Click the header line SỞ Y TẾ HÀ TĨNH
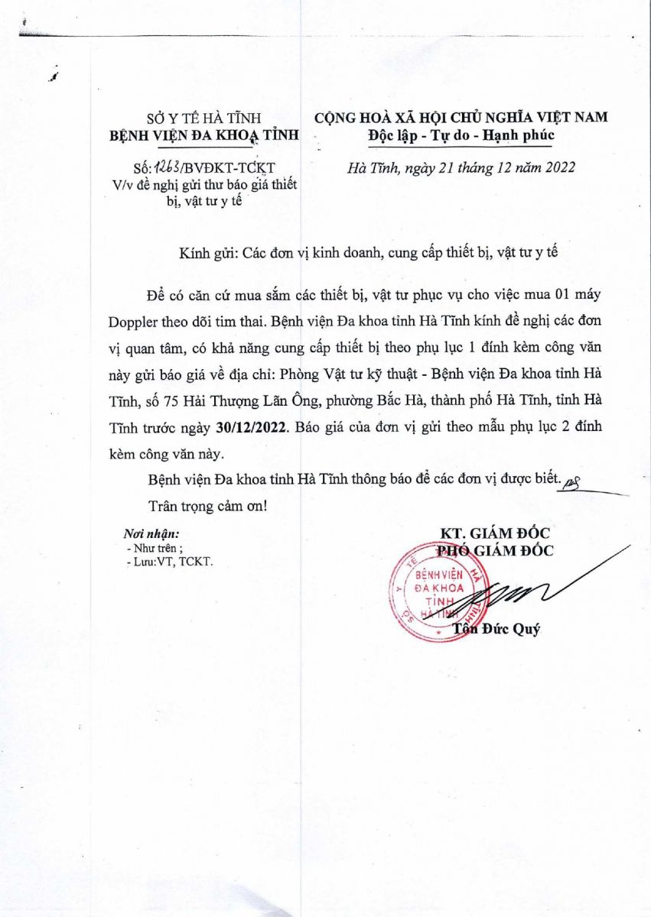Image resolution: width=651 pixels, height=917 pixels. [204, 118]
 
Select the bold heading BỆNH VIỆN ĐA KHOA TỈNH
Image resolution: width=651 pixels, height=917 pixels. [204, 135]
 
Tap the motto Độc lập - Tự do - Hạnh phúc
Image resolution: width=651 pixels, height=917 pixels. [459, 135]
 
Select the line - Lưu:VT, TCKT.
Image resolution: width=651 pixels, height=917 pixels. [169, 561]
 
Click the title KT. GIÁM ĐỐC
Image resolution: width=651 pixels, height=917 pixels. [494, 533]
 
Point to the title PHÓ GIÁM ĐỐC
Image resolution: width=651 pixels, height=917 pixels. [494, 550]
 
